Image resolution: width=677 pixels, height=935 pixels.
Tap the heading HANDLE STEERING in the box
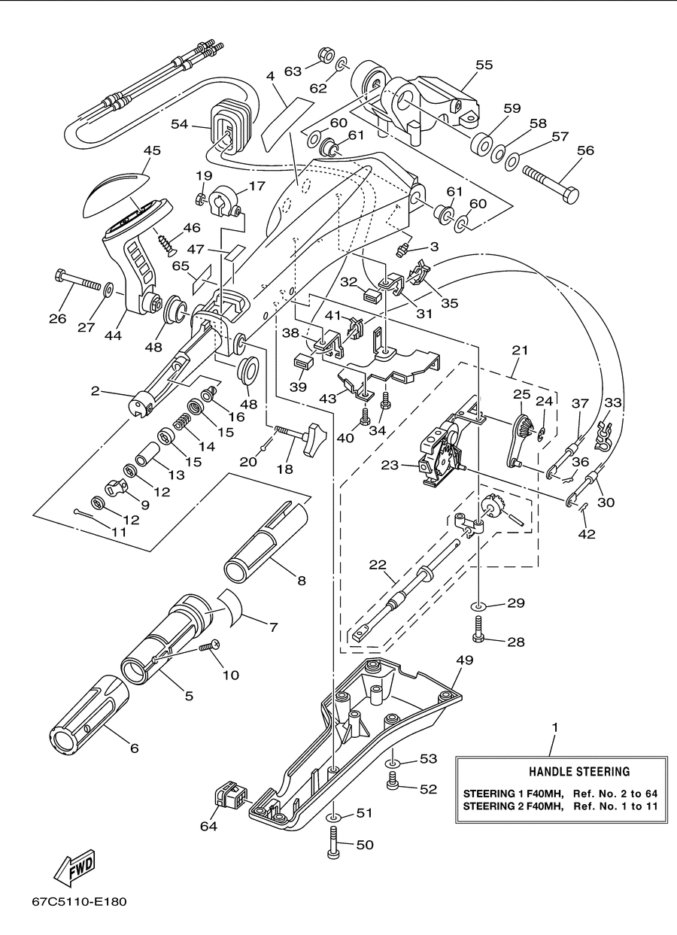click(x=579, y=771)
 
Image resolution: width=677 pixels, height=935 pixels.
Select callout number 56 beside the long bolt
click(x=585, y=150)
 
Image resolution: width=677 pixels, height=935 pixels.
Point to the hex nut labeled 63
click(x=326, y=55)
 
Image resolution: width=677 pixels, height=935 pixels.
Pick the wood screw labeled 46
click(x=166, y=245)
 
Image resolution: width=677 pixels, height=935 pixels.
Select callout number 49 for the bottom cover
click(x=465, y=660)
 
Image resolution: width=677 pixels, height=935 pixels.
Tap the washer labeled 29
click(x=478, y=605)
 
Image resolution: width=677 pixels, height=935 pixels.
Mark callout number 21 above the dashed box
click(x=520, y=350)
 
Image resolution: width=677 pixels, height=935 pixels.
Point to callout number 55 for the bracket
click(x=484, y=65)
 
